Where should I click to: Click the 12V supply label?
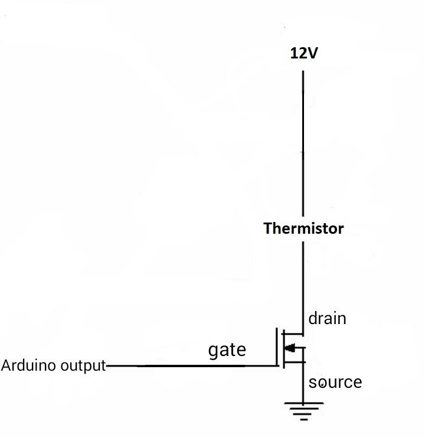(x=303, y=54)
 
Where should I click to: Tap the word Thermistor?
(x=303, y=228)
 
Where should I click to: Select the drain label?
(x=327, y=319)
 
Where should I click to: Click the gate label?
(x=227, y=350)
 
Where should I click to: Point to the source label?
(x=335, y=383)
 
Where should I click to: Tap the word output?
(x=81, y=366)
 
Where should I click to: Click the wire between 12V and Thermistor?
(x=303, y=142)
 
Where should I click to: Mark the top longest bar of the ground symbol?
(x=303, y=404)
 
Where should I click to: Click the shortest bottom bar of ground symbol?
(x=303, y=419)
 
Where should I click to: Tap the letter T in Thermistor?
(x=267, y=228)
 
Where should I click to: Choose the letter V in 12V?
(x=312, y=54)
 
